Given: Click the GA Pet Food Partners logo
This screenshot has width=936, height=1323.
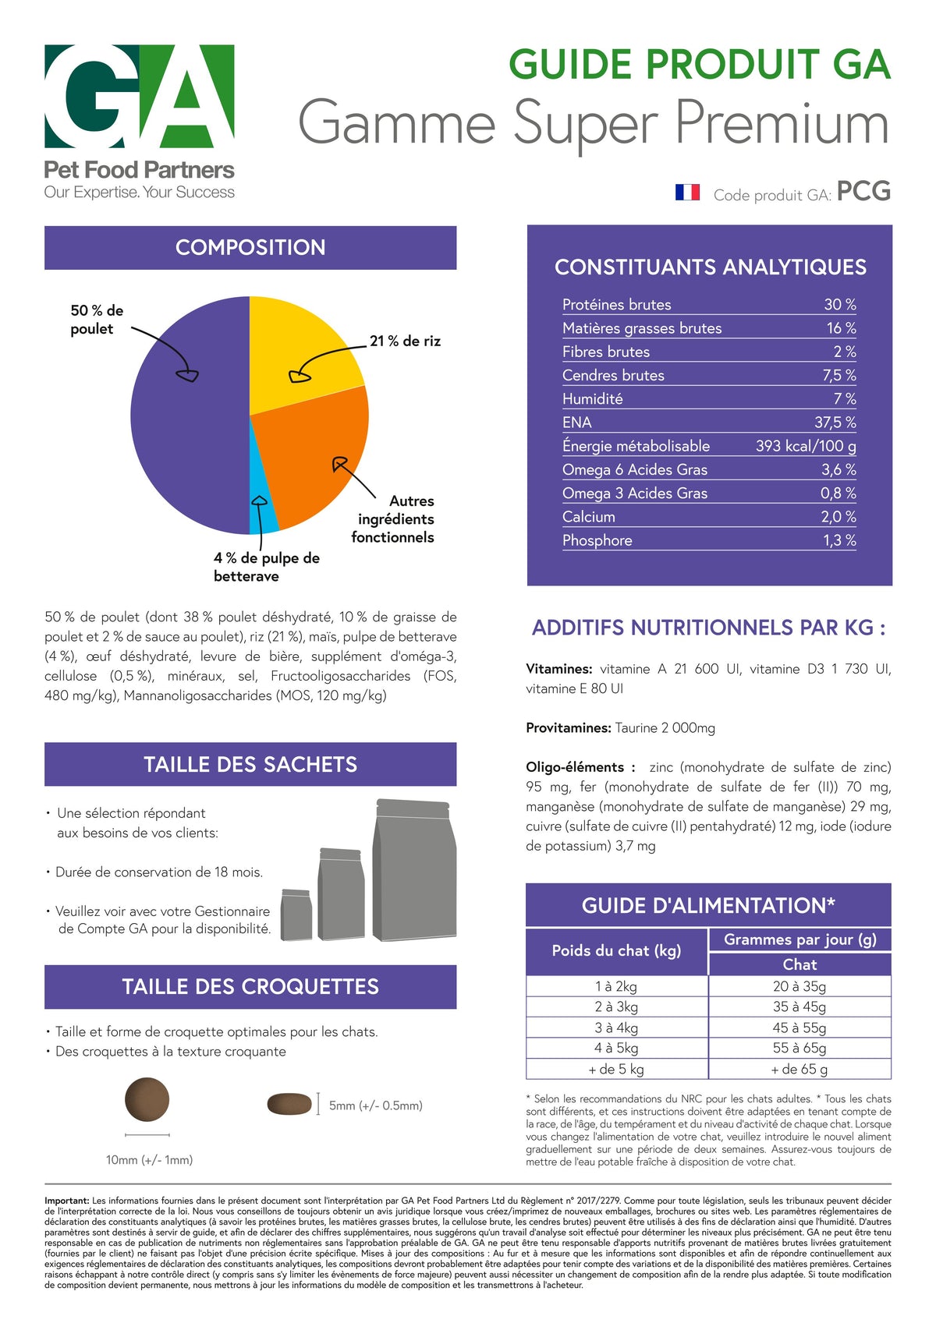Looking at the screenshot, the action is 140,122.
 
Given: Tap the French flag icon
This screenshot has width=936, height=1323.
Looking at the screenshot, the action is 687,193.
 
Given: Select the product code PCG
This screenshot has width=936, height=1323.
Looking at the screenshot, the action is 863,191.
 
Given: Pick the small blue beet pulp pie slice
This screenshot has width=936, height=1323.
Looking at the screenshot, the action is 261,502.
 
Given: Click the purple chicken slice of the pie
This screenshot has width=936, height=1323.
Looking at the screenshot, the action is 189,416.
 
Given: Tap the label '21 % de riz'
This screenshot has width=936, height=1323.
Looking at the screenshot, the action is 405,341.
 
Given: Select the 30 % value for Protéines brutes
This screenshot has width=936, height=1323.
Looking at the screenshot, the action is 840,304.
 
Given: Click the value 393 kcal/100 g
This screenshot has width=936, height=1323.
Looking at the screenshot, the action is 806,446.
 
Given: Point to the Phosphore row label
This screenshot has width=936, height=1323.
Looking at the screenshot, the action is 597,540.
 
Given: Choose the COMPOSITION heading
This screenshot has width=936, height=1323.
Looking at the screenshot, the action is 250,247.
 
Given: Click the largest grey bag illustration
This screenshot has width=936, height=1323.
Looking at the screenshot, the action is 414,869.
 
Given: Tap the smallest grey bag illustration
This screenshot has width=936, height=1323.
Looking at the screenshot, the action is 296,914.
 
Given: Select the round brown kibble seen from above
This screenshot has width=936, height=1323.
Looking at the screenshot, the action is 147,1099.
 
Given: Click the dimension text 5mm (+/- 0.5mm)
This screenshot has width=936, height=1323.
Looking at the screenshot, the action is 376,1105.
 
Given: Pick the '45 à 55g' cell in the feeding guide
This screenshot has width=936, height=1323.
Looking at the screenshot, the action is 799,1028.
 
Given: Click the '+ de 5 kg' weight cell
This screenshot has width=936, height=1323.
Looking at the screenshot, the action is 615,1069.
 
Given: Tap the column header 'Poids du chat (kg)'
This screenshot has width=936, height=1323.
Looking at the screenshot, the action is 616,950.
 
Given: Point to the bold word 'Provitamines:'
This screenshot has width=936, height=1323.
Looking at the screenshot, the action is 569,727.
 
